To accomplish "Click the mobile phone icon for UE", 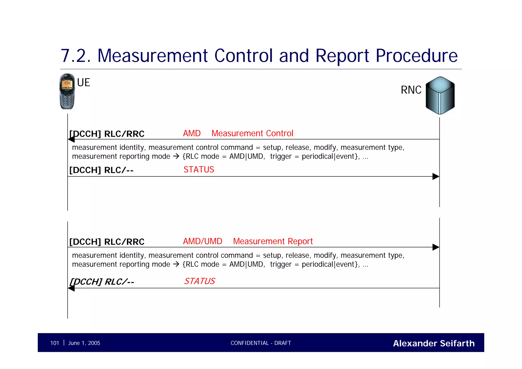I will point(67,91).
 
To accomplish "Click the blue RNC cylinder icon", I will point(440,95).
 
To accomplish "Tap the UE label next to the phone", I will point(84,83).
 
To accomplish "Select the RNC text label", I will point(411,90).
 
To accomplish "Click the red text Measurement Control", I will point(252,133).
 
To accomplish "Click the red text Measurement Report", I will point(273,241).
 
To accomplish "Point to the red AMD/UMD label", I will point(203,241).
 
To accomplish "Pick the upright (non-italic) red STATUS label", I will point(199,170).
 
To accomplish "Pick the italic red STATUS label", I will point(200,281).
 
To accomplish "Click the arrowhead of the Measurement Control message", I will point(71,139).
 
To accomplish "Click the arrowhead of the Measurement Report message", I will point(436,247).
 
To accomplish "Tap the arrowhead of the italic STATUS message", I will point(71,288).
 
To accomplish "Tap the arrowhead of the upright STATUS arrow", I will point(436,176).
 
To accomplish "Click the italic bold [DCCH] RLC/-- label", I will point(102,282).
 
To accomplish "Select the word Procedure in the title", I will point(416,56).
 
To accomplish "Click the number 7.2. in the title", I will point(76,56).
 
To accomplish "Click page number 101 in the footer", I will point(55,343).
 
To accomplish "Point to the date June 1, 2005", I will point(84,343).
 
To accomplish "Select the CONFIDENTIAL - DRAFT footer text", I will point(261,343).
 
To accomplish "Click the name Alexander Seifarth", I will point(434,343).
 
